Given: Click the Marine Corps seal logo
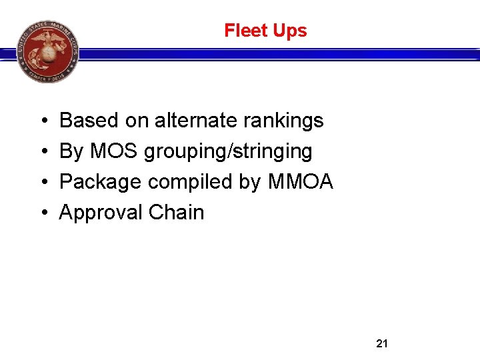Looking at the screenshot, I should (47, 51).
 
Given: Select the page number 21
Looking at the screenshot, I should (382, 344).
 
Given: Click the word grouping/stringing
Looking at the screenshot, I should (228, 152).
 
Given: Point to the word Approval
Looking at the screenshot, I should (101, 213).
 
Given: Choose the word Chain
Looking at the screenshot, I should (177, 212).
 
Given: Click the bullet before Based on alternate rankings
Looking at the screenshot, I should (43, 121).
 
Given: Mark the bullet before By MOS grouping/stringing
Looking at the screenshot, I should (43, 152).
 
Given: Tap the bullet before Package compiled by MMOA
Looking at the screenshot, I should (43, 182).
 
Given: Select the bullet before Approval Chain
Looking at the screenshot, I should (43, 213).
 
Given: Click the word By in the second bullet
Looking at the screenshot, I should (71, 152).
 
